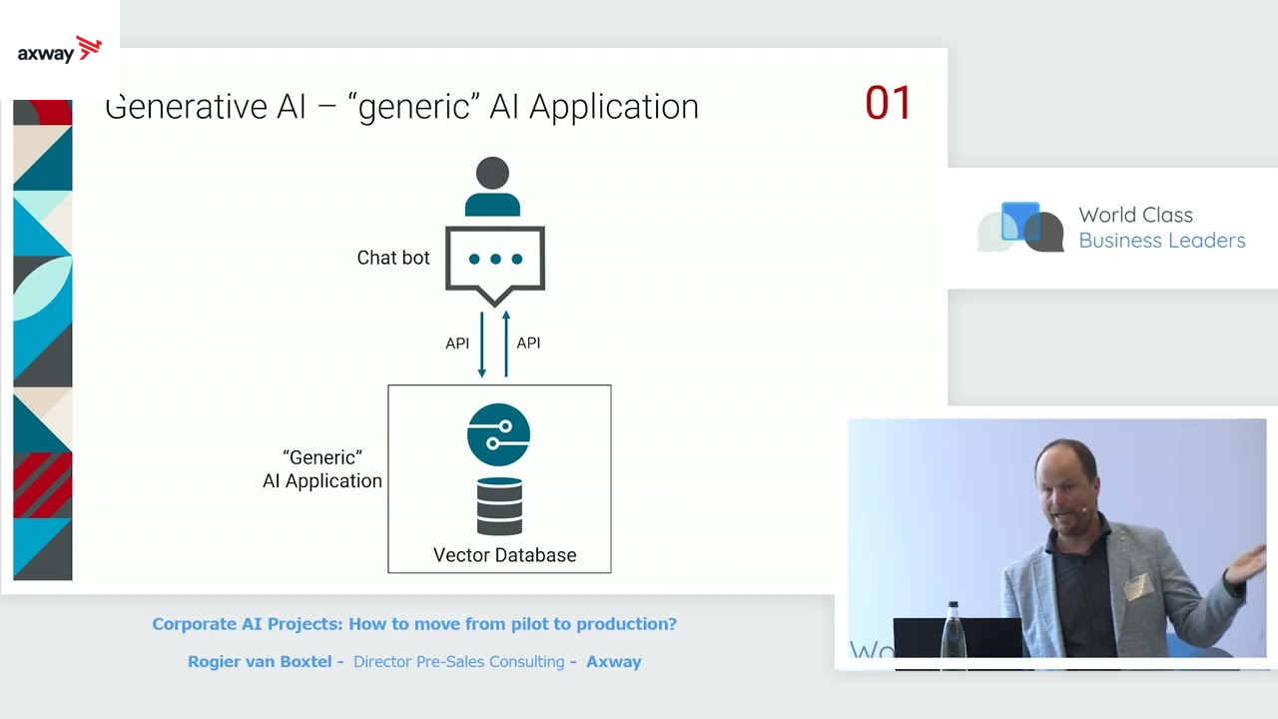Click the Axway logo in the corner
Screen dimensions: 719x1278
(60, 50)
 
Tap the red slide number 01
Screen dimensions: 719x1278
(888, 104)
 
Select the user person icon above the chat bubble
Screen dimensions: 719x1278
(492, 187)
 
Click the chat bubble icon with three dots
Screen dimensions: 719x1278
(495, 263)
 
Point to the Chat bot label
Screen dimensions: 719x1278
(393, 258)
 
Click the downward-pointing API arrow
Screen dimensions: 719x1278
(482, 345)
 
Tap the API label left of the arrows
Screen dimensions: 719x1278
(457, 344)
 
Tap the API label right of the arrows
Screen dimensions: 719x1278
(528, 344)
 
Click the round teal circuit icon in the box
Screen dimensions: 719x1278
(498, 434)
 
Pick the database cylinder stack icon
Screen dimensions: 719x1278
(499, 505)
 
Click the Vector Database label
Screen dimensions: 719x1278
(504, 555)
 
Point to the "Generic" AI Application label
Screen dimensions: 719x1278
(321, 469)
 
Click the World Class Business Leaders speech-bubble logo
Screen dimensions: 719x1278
(1020, 228)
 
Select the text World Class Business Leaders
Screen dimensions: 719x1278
(1161, 228)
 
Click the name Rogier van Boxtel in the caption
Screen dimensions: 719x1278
(260, 661)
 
